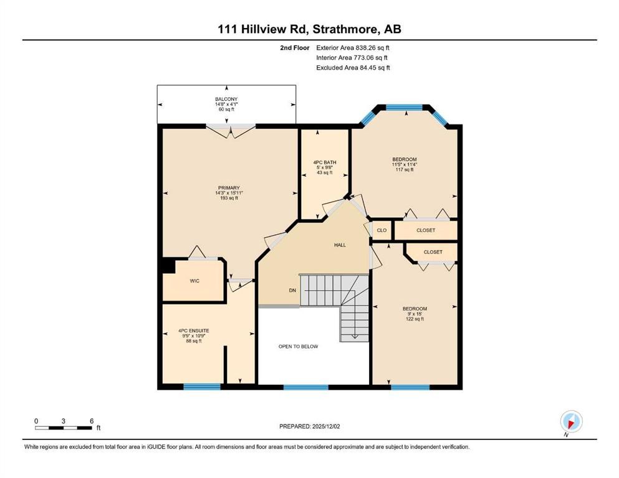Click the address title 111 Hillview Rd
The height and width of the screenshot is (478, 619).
point(309,29)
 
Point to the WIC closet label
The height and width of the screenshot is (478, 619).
point(194,281)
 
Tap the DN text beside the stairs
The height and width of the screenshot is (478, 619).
point(292,291)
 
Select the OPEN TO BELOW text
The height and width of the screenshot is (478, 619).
point(298,346)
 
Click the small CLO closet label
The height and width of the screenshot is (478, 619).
point(381,230)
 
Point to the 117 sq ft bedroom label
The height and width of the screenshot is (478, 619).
point(405,164)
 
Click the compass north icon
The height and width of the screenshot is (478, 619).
point(571,422)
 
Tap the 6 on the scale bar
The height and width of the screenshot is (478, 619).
point(92,421)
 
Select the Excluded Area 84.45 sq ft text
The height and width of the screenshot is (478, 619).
point(353,68)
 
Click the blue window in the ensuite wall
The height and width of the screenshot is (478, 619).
point(202,387)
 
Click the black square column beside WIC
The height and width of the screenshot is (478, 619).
point(167,265)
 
